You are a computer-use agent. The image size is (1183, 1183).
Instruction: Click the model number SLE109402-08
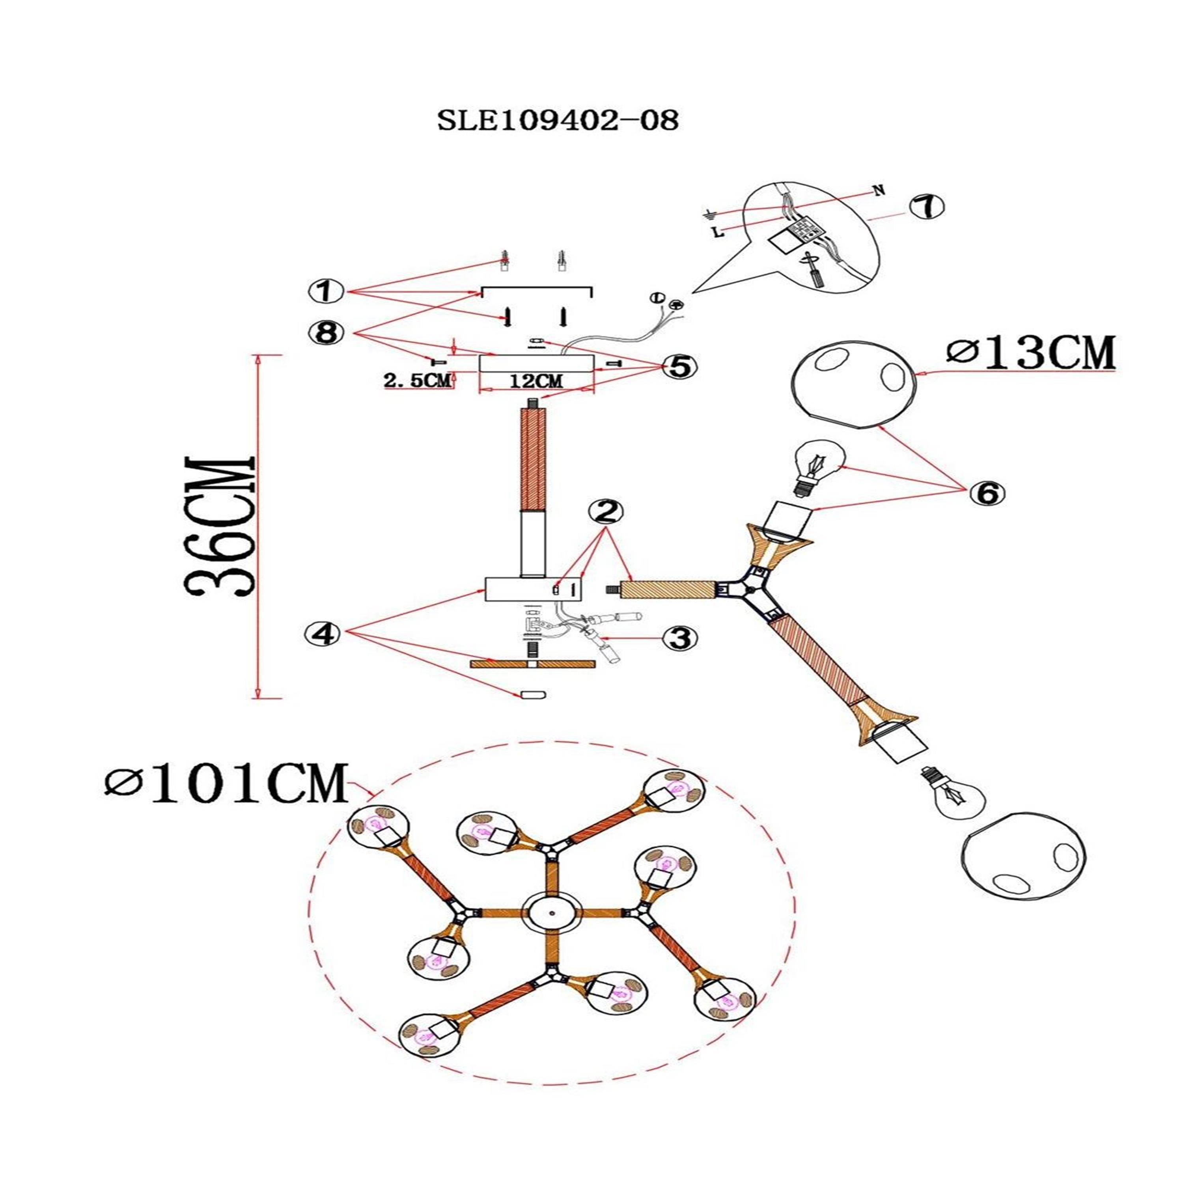click(x=557, y=121)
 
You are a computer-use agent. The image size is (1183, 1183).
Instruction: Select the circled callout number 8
click(x=327, y=334)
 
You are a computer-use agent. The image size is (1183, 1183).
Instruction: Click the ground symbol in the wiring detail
click(x=709, y=214)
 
